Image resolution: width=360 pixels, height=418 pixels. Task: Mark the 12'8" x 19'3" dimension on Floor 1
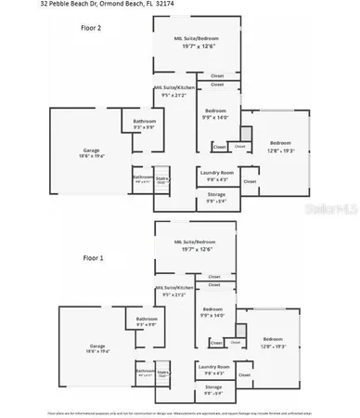tap(273, 346)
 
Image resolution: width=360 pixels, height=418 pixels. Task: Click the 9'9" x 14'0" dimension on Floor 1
tap(212, 316)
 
